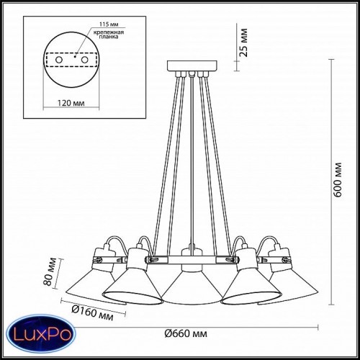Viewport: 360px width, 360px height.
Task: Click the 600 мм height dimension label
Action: (x=338, y=180)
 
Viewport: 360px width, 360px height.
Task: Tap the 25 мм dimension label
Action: (x=244, y=42)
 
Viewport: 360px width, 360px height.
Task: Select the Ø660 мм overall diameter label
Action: (x=186, y=333)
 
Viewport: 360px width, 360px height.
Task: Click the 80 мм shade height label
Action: (x=50, y=271)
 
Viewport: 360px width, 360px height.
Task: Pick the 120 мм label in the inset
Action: (x=71, y=103)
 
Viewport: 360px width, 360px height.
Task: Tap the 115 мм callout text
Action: (x=109, y=24)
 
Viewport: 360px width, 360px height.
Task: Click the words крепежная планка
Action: (x=109, y=35)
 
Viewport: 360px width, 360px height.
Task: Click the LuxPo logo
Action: (x=41, y=334)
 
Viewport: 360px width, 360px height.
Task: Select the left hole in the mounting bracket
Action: (x=59, y=60)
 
